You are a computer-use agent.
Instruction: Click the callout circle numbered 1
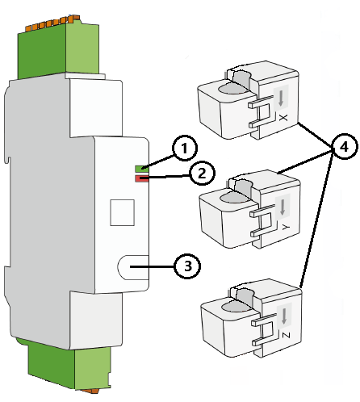185,149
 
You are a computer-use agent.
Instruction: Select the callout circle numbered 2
202,173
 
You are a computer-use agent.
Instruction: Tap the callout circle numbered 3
187,266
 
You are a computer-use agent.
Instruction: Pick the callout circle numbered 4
345,147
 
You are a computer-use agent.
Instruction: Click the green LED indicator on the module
141,169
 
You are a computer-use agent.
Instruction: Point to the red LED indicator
141,178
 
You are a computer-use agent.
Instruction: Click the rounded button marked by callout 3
133,267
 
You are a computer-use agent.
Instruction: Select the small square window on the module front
122,212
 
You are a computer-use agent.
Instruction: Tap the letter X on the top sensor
283,118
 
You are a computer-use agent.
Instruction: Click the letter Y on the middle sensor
286,227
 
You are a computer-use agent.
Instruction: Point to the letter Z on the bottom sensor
286,335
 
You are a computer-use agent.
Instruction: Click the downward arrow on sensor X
281,98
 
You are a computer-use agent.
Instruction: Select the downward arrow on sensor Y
283,207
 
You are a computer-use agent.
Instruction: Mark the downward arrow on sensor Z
284,316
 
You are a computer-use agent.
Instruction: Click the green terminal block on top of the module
58,50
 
